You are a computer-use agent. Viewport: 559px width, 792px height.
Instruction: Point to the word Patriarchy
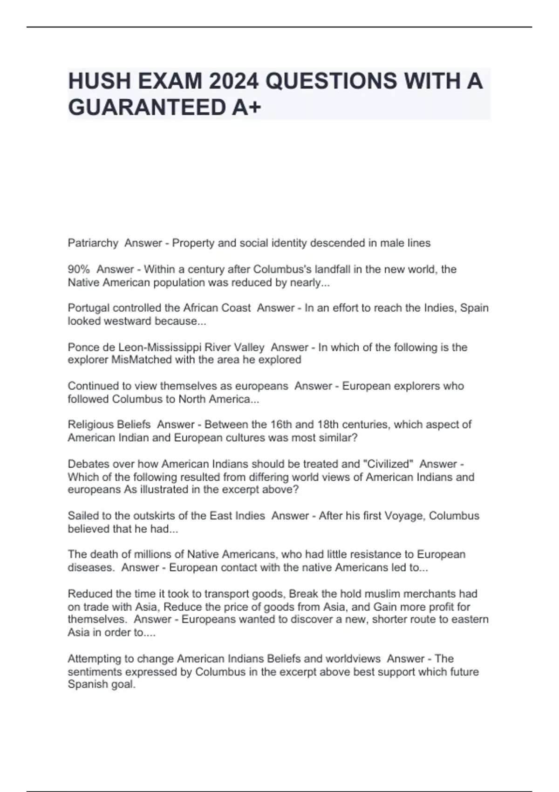(x=93, y=243)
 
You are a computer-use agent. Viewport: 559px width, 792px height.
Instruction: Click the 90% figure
(x=79, y=269)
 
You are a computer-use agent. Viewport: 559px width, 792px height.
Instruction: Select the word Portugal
(x=89, y=308)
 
